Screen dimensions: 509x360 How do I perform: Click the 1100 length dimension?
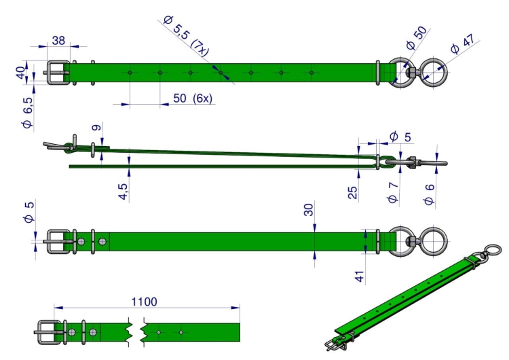[144, 302]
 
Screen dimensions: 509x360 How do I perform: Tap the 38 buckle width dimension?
[58, 41]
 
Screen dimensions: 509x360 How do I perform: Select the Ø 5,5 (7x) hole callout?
[186, 36]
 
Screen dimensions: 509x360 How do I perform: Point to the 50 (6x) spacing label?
[193, 98]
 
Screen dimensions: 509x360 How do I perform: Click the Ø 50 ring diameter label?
[417, 38]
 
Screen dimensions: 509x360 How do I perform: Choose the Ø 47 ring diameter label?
[465, 44]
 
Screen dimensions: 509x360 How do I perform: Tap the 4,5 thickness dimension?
[123, 192]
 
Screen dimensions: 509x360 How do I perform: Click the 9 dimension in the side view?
[96, 127]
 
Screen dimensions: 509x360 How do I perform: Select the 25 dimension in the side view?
[352, 193]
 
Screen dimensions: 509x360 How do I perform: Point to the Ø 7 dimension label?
[393, 193]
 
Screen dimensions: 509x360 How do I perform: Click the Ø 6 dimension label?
[429, 194]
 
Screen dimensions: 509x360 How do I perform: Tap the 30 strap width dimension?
[309, 210]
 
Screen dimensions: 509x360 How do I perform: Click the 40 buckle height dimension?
[20, 73]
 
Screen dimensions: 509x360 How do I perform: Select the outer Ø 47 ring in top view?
[434, 73]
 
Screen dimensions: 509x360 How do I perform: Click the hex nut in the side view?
[412, 162]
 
